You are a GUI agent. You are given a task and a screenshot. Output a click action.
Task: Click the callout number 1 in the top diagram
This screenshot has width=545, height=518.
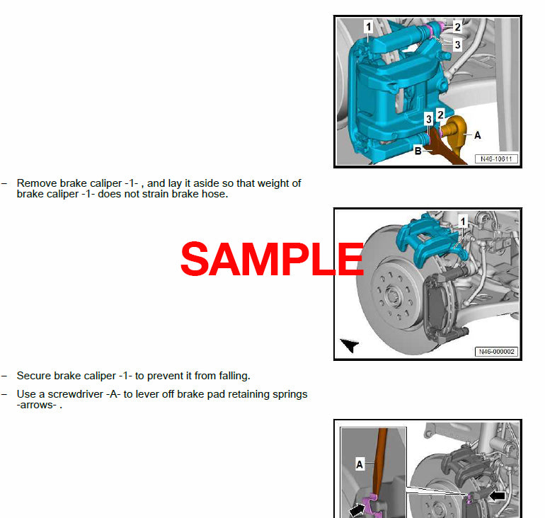pyautogui.click(x=368, y=28)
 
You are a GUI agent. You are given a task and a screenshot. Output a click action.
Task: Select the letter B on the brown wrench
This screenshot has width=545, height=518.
pyautogui.click(x=418, y=151)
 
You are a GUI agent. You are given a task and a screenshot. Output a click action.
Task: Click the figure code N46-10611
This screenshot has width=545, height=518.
pyautogui.click(x=495, y=159)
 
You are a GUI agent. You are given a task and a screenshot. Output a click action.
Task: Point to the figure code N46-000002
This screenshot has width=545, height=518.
pyautogui.click(x=495, y=352)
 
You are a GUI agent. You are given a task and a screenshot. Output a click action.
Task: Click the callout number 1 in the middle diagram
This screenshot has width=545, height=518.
pyautogui.click(x=463, y=221)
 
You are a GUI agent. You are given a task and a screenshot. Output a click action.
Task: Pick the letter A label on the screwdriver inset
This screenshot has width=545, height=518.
pyautogui.click(x=360, y=465)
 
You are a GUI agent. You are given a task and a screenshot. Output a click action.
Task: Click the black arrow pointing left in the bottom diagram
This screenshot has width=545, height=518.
pyautogui.click(x=497, y=496)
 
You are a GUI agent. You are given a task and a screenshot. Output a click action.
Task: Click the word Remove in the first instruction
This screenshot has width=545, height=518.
pyautogui.click(x=35, y=183)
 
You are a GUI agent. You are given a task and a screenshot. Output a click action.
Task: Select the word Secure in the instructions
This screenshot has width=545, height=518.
pyautogui.click(x=33, y=376)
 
